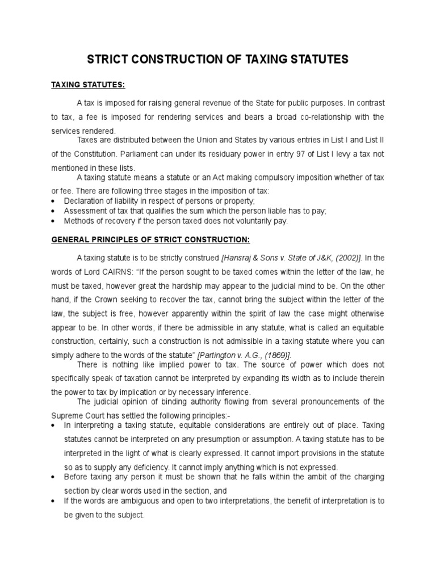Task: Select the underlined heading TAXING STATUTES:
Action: tap(87, 85)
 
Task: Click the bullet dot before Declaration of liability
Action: tap(53, 201)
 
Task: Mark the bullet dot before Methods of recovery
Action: tap(53, 221)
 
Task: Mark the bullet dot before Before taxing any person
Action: tap(53, 477)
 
